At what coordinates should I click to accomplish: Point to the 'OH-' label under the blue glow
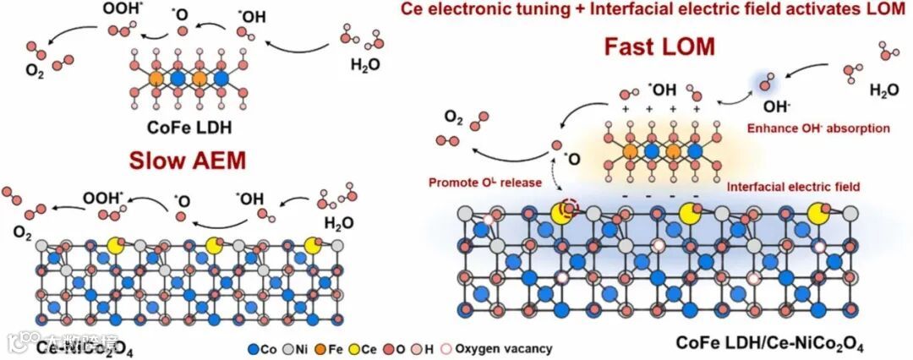click(x=775, y=107)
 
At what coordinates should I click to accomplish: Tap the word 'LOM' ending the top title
click(x=886, y=10)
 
